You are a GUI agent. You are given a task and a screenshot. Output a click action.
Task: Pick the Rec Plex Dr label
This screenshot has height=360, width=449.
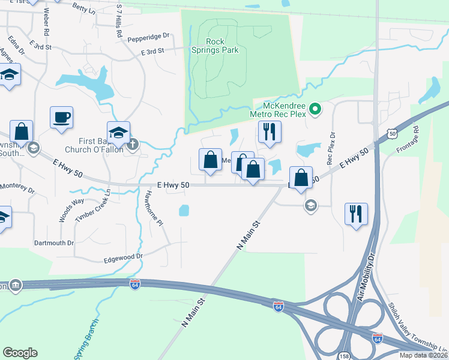tap(330, 148)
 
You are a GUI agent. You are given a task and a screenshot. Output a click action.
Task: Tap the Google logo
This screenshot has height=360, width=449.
tap(20, 353)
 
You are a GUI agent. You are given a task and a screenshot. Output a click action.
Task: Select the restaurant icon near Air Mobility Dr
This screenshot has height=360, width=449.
tap(357, 214)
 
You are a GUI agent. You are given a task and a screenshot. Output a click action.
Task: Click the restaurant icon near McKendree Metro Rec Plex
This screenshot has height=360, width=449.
tap(269, 131)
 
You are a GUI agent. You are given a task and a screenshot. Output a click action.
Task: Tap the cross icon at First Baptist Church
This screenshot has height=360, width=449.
tap(133, 144)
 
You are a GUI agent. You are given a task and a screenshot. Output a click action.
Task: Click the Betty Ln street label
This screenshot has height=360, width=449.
tap(83, 8)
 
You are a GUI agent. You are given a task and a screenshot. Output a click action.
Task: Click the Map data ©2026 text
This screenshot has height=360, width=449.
tap(421, 355)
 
